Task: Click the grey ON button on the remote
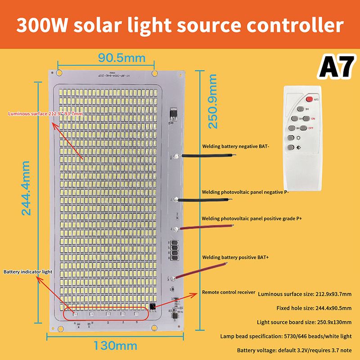[x=306, y=118]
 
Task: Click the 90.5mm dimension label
[x=122, y=58]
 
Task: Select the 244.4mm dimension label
[x=26, y=188]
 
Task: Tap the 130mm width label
[x=115, y=346]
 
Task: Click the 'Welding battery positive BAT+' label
[x=235, y=257]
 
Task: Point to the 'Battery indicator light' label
[x=28, y=272]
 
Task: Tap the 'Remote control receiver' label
[x=229, y=292]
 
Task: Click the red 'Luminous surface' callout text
[x=45, y=113]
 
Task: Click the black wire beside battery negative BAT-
[x=207, y=156]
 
